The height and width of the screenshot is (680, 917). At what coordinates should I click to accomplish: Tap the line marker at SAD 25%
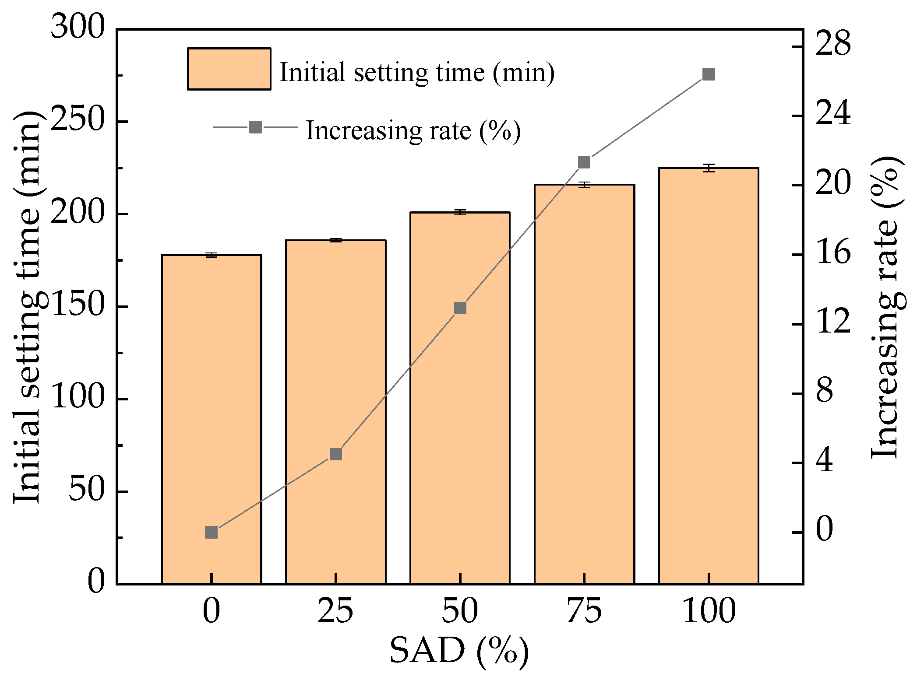336,454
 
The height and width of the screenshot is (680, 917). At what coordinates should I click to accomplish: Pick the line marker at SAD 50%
460,308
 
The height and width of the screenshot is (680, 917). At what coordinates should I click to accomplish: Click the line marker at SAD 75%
584,162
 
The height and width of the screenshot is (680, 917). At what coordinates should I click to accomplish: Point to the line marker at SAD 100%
709,74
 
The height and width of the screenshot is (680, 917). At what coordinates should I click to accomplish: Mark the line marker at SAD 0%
212,532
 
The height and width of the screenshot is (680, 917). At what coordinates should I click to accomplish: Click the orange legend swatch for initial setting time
229,69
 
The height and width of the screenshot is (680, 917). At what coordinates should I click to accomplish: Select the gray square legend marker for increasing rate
255,127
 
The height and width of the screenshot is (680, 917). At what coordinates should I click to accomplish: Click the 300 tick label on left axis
78,27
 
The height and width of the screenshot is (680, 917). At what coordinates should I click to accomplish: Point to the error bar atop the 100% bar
709,168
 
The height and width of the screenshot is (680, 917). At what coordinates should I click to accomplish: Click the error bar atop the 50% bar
460,212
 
